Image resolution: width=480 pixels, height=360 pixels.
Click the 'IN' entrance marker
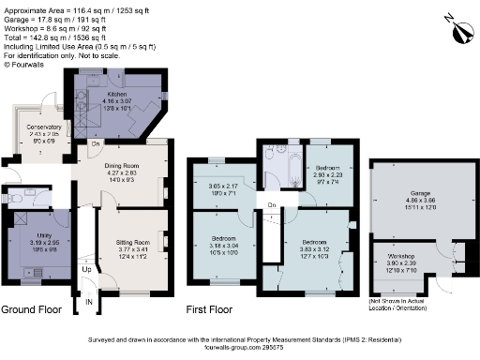pos(89,303)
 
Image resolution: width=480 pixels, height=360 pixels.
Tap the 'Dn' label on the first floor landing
pos(272,204)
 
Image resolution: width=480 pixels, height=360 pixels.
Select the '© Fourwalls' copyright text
pos(26,64)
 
